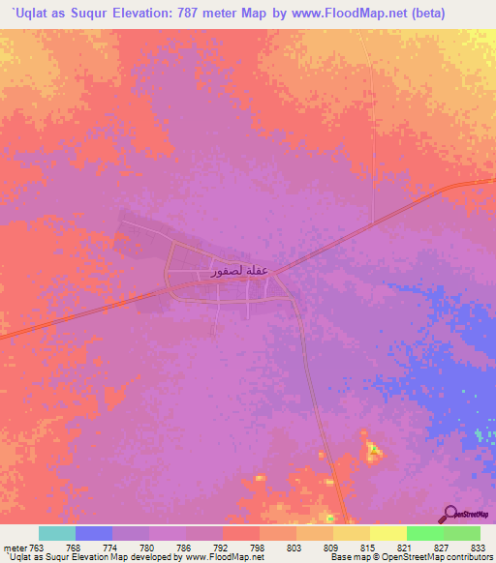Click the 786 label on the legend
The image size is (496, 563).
(x=185, y=548)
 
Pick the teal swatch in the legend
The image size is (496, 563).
(x=57, y=533)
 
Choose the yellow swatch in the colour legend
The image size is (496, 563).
(x=387, y=533)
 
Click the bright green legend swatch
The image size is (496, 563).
(x=424, y=533)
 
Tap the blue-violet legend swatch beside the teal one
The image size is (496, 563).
(x=94, y=533)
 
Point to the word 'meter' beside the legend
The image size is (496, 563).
(x=15, y=548)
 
